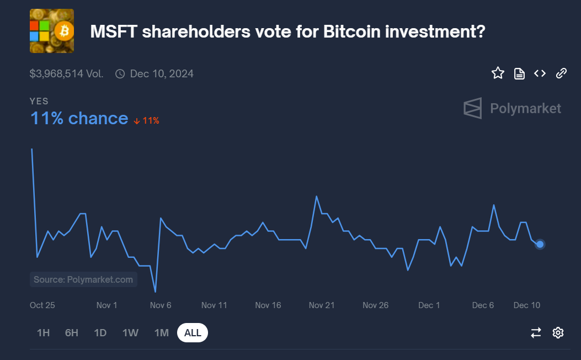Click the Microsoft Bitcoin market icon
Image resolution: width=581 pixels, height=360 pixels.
coord(51,31)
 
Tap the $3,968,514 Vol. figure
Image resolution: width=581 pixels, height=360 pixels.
coord(66,73)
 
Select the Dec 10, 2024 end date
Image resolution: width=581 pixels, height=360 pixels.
coord(161,73)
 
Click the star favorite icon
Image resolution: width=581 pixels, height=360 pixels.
coord(498,73)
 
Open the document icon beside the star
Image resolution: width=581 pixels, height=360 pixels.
coord(519,73)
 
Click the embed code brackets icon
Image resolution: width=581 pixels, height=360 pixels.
coord(540,73)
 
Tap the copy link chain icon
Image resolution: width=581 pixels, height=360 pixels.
coord(561,73)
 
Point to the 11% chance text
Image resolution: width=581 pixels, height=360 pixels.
coord(79,118)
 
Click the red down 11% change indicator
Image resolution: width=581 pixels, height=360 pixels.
coord(146,120)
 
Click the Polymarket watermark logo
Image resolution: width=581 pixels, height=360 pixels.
coord(512,108)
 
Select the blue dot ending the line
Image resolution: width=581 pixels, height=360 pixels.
coord(540,244)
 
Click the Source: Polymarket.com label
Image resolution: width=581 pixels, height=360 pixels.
coord(83,279)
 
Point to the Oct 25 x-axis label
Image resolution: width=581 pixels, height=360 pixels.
coord(42,305)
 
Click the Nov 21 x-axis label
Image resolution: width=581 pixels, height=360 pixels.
coord(322,305)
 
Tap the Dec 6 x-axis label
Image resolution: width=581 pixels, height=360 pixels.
coord(483,305)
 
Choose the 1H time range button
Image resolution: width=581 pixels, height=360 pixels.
coord(43,333)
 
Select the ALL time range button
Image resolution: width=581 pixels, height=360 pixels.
coord(193,333)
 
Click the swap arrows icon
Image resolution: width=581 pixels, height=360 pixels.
coord(536,332)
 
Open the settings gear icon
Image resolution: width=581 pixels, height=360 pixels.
coord(558,332)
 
